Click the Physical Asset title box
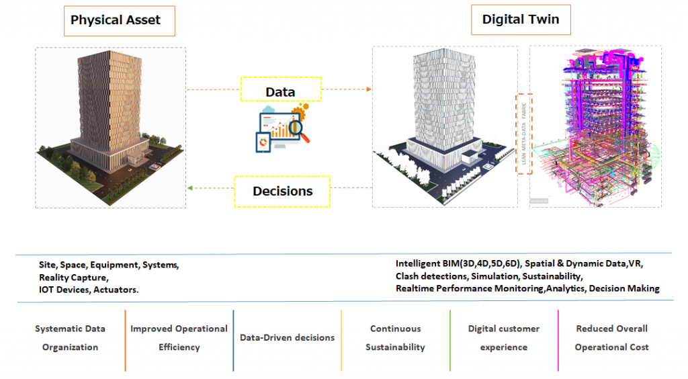[116, 20]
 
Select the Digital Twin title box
[520, 19]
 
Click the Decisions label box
[282, 192]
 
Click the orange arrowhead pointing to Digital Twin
[368, 89]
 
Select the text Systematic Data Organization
[70, 338]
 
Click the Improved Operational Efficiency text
[179, 338]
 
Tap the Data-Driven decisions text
[287, 337]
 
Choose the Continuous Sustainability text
[395, 338]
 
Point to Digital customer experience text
[503, 338]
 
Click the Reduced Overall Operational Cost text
[611, 338]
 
